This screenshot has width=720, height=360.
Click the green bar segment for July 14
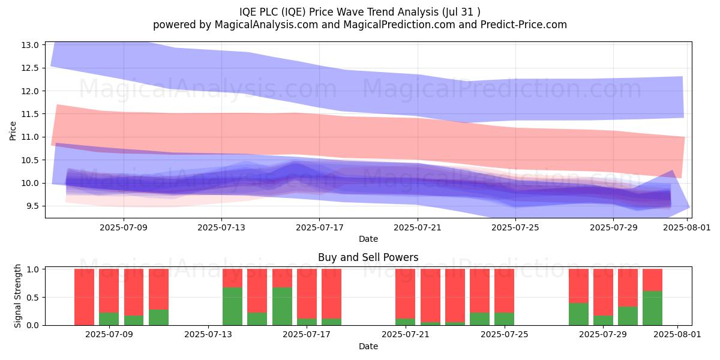point(232,307)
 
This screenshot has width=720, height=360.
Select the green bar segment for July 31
point(653,308)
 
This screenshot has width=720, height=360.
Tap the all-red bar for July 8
point(84,297)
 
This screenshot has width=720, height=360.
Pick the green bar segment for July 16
point(282,307)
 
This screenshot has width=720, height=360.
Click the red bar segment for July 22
point(430,295)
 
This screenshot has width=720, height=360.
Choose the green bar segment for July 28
point(578,314)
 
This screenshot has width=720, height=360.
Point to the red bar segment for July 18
point(331,294)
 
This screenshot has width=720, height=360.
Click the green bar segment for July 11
point(158,317)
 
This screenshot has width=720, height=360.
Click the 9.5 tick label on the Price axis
point(30,206)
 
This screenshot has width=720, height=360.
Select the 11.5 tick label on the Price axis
point(30,114)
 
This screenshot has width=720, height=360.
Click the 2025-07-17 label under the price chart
point(319,227)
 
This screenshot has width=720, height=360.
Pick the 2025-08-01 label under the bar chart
point(677,335)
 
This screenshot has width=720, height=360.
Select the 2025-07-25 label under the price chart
point(515,227)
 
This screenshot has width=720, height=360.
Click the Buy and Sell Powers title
point(368,257)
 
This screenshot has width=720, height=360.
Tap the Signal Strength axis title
point(17,296)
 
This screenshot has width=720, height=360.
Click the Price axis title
point(13,131)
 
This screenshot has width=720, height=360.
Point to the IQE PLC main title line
point(359,12)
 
